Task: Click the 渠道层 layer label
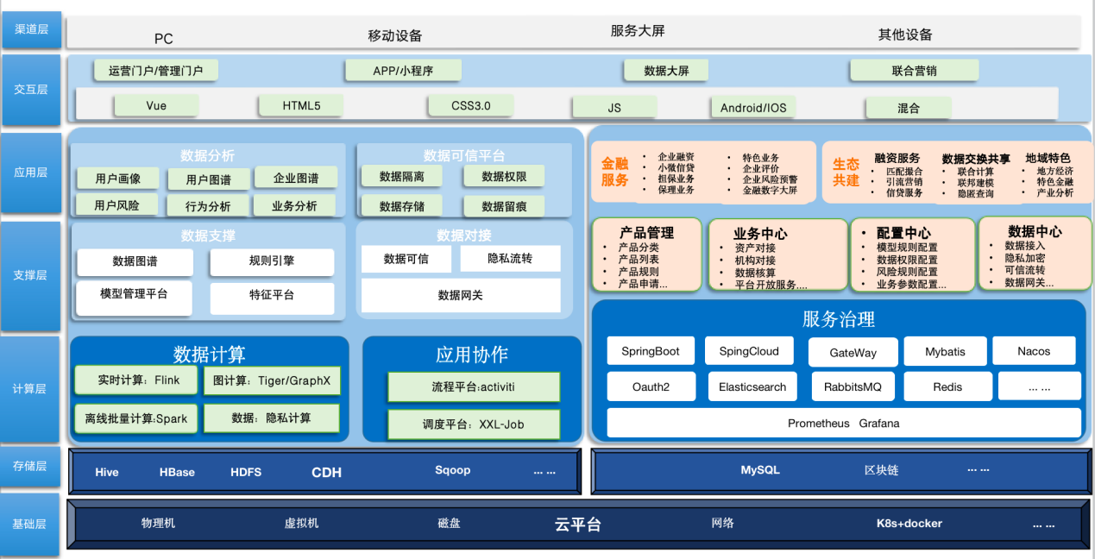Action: coord(31,29)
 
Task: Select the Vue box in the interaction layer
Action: coord(156,105)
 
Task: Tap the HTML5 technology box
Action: coord(301,105)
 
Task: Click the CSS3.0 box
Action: coord(470,105)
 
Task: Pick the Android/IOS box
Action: coord(753,108)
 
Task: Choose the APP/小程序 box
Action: coord(403,71)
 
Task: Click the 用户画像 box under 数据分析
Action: coord(117,179)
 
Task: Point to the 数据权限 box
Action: coord(504,176)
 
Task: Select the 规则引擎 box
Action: coord(271,261)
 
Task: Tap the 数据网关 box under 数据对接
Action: coord(460,295)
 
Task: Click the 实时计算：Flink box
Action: coord(138,380)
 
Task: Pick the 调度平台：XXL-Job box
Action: coord(473,424)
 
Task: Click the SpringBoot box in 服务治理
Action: coord(651,351)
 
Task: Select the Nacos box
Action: coord(1034,351)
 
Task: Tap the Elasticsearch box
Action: coord(752,386)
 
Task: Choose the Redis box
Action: coord(947,386)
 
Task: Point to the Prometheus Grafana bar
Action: coord(843,423)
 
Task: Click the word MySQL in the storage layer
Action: coord(760,470)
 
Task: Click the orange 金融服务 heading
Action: coord(615,172)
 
